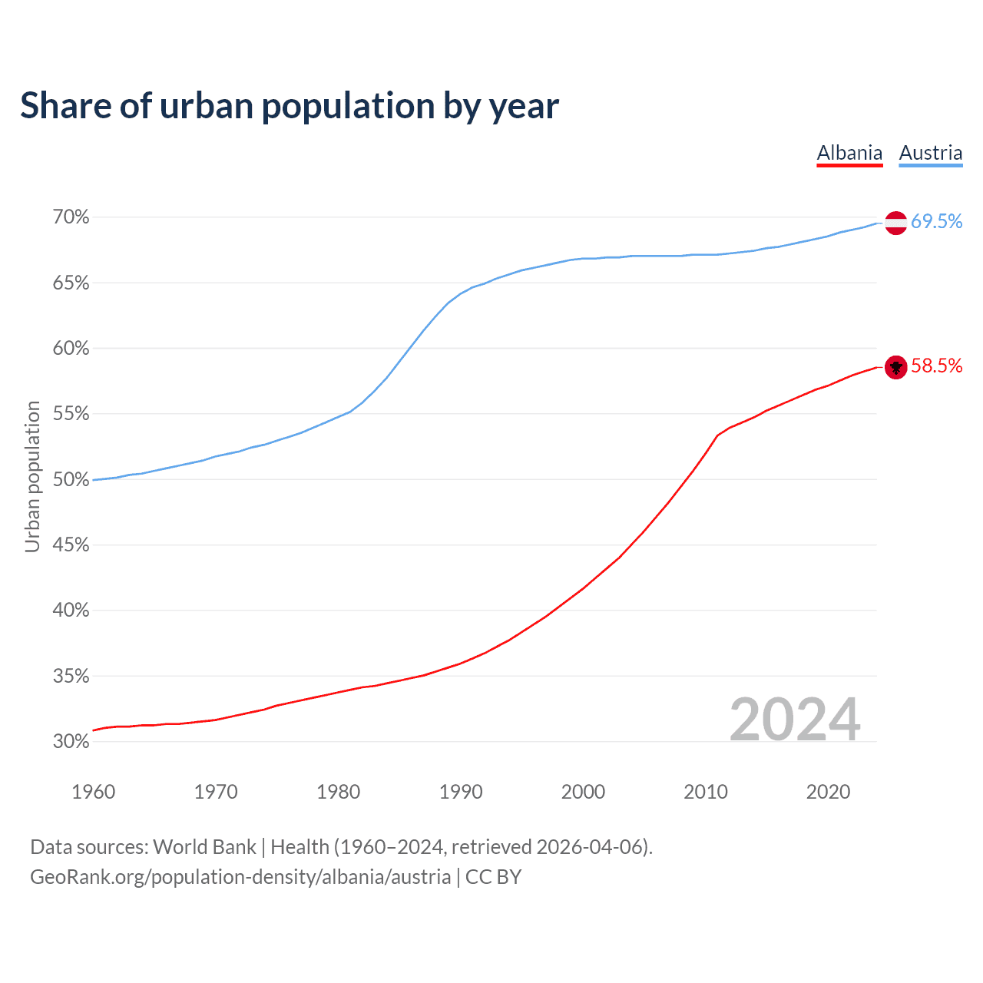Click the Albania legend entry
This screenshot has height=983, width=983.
[849, 153]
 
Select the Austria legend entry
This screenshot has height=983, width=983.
[931, 153]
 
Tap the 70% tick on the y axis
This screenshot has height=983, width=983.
[71, 217]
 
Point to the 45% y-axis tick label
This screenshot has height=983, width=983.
[71, 545]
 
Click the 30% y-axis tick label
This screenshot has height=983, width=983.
[71, 742]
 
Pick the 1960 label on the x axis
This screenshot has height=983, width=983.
[93, 792]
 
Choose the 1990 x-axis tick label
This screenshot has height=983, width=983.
[461, 792]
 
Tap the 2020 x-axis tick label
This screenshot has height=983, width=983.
[828, 792]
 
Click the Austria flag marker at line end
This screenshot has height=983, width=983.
[895, 223]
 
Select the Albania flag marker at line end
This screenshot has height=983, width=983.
[895, 367]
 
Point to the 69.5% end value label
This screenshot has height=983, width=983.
[937, 222]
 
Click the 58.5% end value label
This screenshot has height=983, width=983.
[937, 366]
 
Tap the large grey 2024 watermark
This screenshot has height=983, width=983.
[795, 720]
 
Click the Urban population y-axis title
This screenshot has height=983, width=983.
[32, 476]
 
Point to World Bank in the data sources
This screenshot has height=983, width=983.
[204, 847]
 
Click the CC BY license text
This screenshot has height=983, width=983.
[493, 877]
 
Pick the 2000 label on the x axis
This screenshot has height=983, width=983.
[584, 792]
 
